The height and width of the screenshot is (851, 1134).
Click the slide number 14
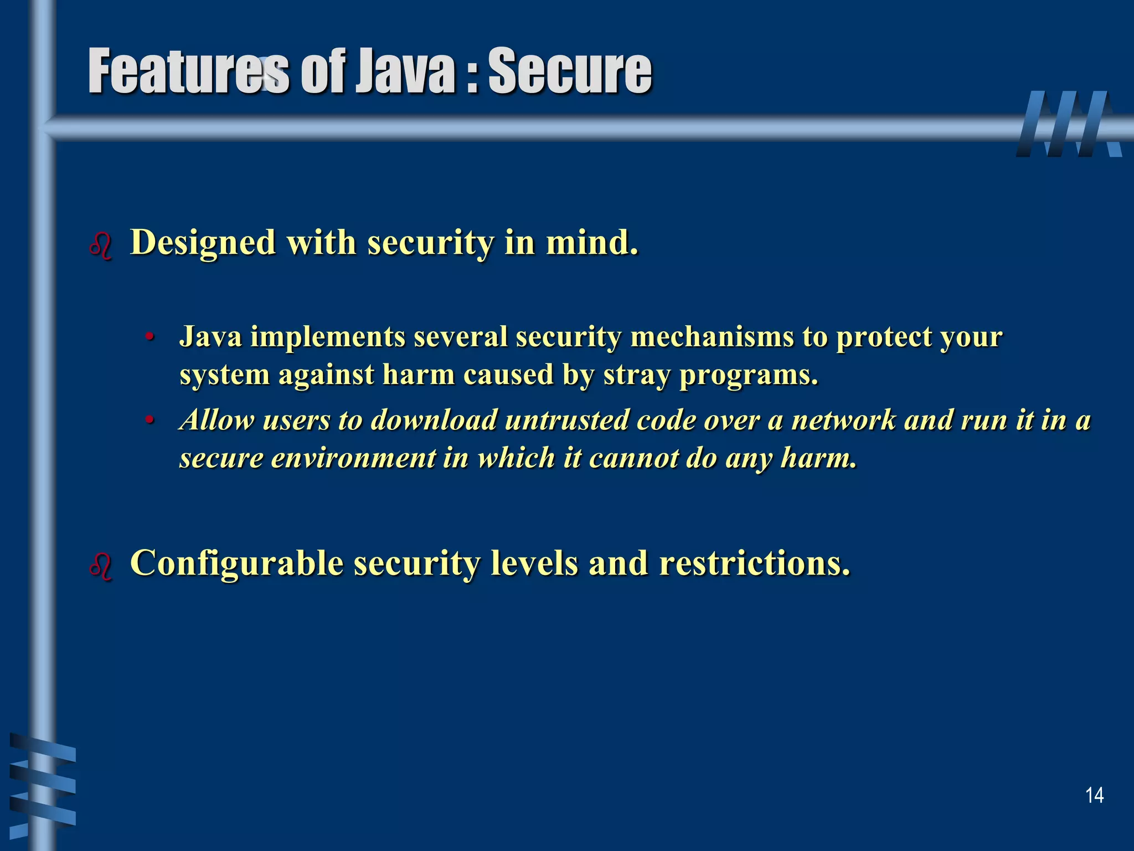[1094, 796]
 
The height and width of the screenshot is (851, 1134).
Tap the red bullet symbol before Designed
[101, 245]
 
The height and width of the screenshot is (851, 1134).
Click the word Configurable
[236, 563]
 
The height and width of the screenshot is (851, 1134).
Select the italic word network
[843, 420]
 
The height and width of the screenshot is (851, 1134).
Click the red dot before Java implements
[148, 337]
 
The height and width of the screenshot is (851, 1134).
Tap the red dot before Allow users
[148, 421]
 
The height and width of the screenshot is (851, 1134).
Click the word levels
[534, 563]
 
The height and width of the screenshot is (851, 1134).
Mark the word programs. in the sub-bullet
[748, 375]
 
